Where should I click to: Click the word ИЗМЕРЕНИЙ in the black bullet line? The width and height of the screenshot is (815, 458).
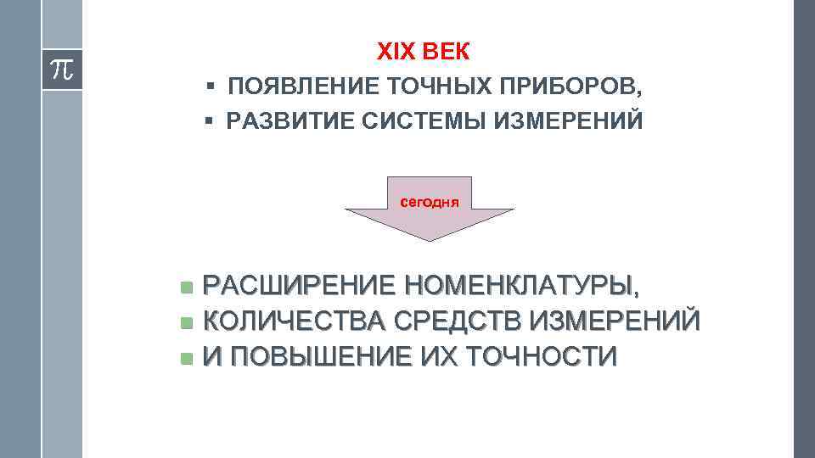573,122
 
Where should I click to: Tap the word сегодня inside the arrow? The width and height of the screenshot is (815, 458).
429,202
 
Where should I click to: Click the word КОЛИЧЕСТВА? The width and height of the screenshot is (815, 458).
296,321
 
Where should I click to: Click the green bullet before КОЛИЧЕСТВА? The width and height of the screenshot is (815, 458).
187,322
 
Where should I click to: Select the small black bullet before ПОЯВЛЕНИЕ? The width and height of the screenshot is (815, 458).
209,87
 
